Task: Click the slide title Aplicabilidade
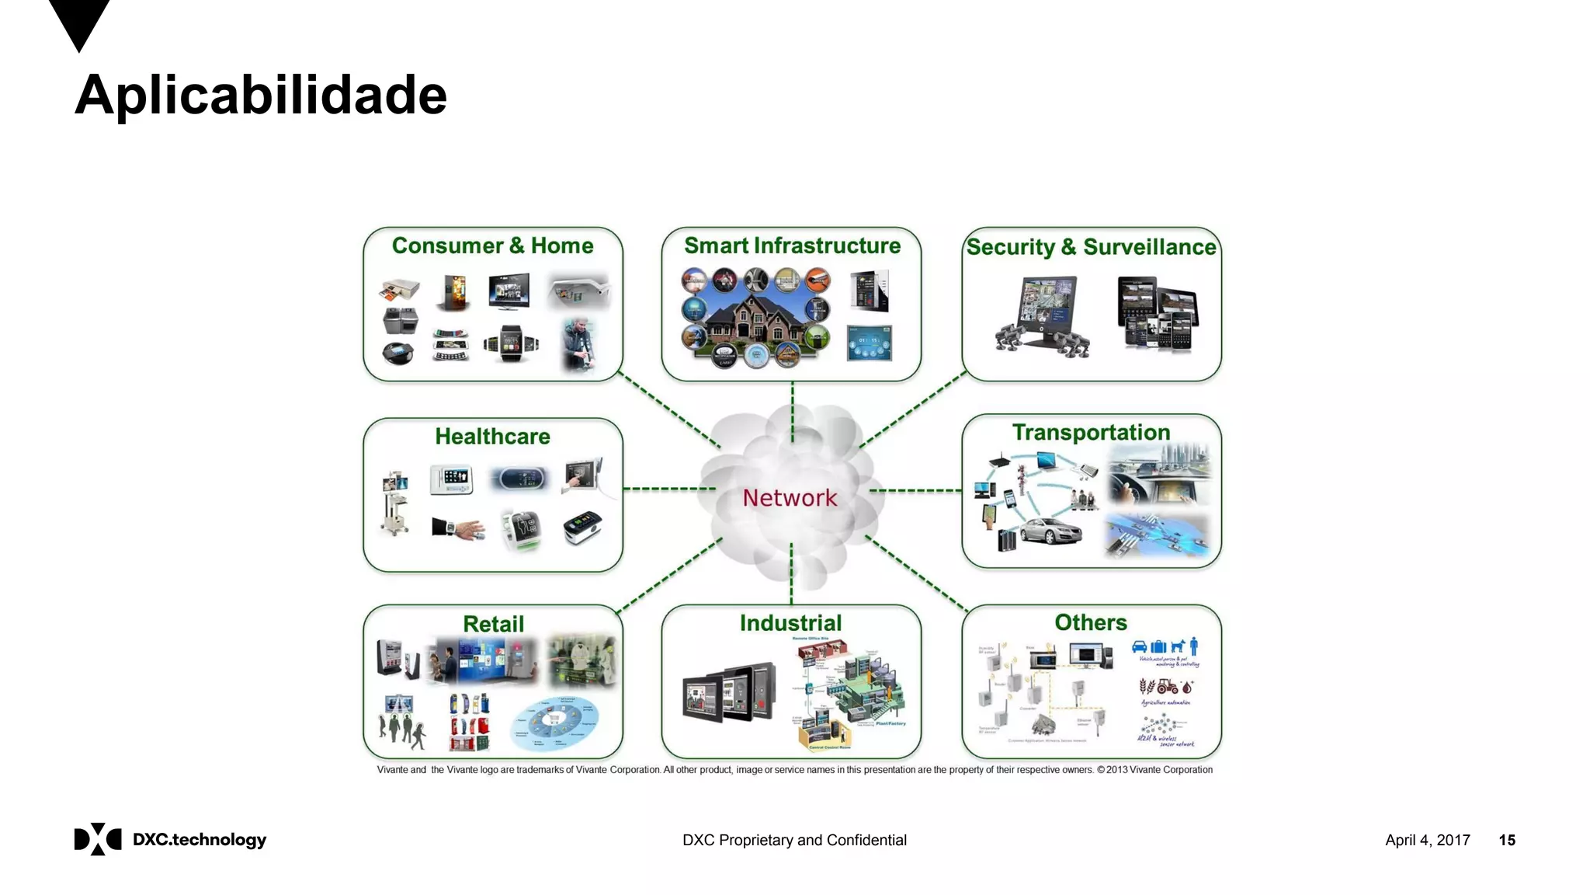261,95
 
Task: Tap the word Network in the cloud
790,498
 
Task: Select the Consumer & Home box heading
492,246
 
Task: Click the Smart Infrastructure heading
792,246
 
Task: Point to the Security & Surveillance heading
1091,247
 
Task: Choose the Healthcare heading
492,437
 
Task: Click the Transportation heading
1091,432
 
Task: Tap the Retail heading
493,624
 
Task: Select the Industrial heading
790,623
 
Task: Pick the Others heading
1090,622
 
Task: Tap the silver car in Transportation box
1050,532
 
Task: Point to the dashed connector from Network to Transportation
916,490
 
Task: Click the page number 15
1506,840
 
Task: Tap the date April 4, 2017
1427,840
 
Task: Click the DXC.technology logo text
200,840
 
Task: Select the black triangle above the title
79,22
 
